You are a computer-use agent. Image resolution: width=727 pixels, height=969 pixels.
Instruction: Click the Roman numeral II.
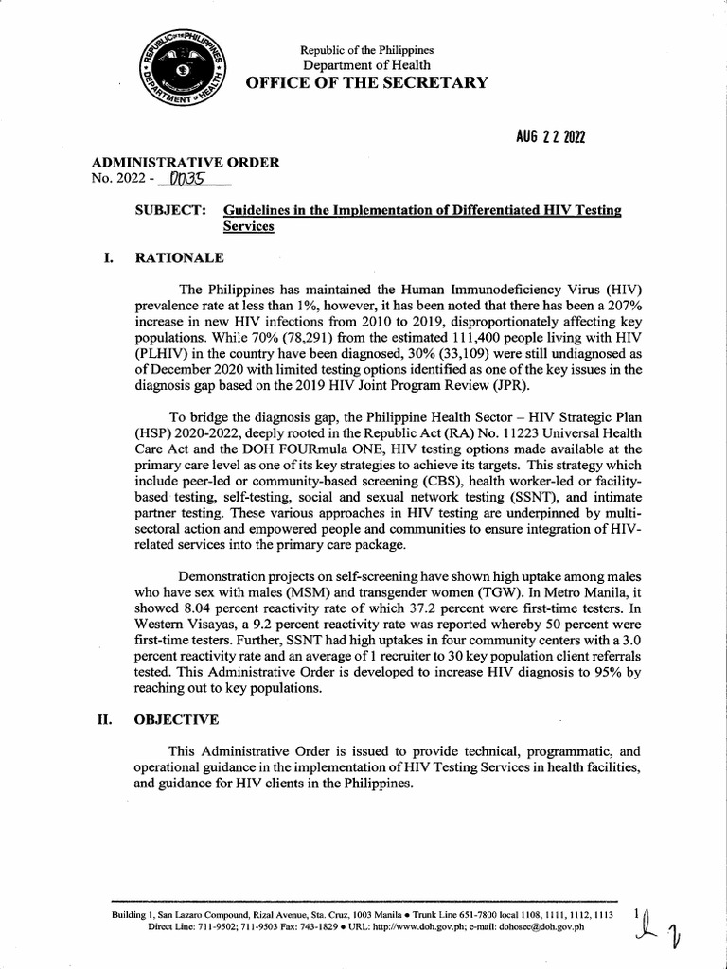click(x=106, y=719)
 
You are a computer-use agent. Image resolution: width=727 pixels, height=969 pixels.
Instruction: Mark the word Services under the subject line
click(x=248, y=227)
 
